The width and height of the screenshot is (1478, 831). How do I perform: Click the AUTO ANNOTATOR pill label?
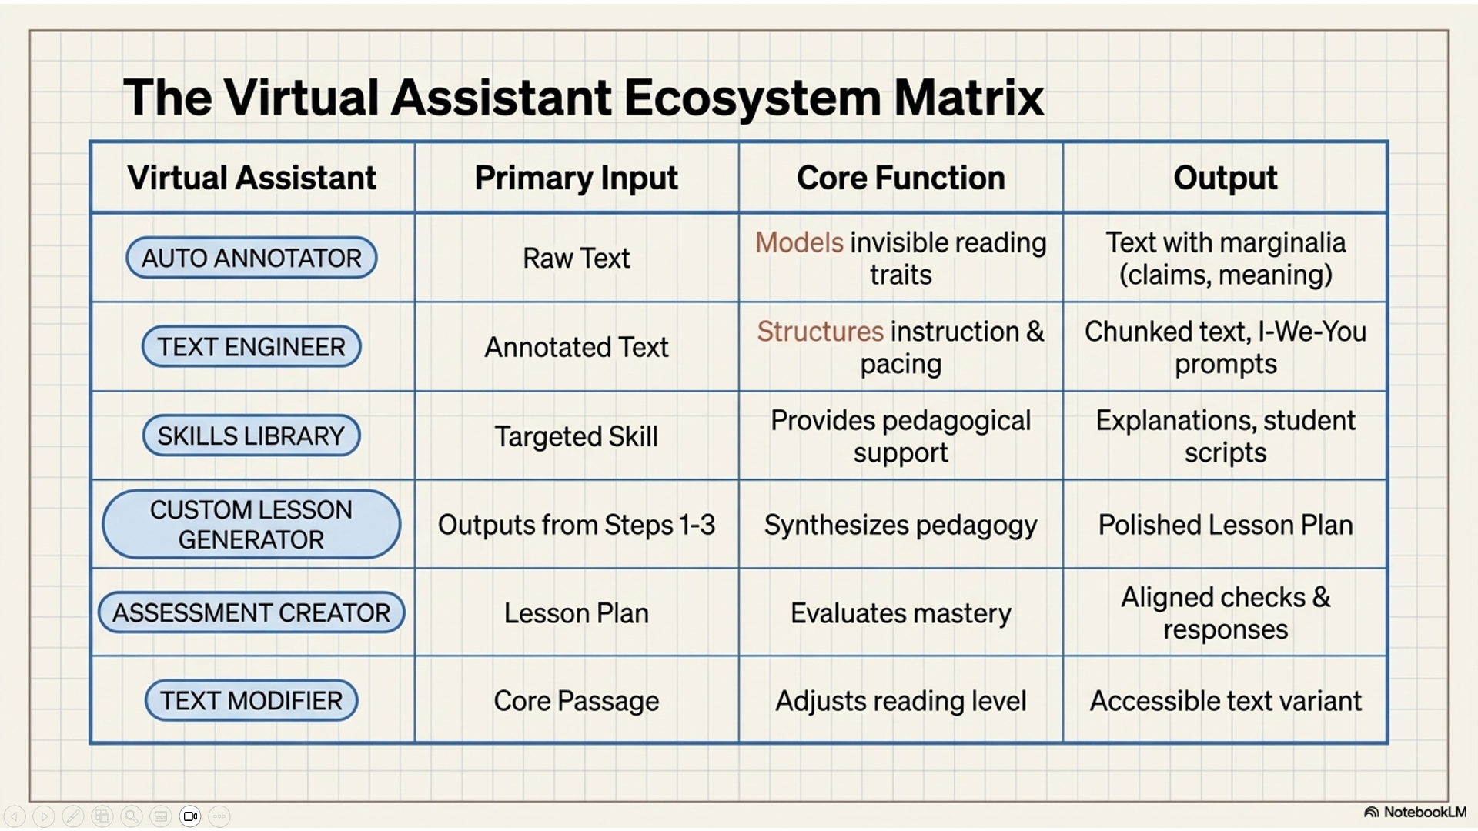(252, 258)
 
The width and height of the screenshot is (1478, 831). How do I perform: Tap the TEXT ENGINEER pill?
(252, 347)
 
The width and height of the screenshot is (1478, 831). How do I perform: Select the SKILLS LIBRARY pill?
(252, 436)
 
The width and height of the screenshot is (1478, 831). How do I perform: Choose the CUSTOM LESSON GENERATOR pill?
(252, 525)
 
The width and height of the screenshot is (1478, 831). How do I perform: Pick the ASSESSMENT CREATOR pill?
(252, 613)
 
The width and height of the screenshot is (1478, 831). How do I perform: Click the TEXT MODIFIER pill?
(252, 701)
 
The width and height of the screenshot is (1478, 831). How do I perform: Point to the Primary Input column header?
(577, 179)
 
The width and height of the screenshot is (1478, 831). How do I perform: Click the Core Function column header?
(901, 178)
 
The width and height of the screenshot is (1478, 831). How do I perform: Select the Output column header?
(1226, 179)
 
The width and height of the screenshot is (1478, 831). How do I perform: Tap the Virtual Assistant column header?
(252, 178)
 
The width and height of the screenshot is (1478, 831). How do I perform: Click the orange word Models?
(799, 243)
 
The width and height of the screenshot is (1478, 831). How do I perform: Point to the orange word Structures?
(820, 332)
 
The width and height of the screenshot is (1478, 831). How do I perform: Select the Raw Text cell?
(577, 259)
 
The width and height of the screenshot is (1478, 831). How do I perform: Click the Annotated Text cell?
(577, 348)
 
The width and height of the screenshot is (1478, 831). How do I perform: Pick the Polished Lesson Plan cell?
(1226, 525)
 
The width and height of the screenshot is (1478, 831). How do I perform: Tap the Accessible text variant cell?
(1226, 701)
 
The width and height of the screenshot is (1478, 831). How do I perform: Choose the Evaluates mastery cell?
(901, 613)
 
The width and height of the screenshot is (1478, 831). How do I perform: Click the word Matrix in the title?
(968, 98)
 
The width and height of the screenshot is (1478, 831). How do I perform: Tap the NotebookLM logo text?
(1425, 813)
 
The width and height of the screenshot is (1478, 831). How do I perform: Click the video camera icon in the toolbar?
(190, 816)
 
